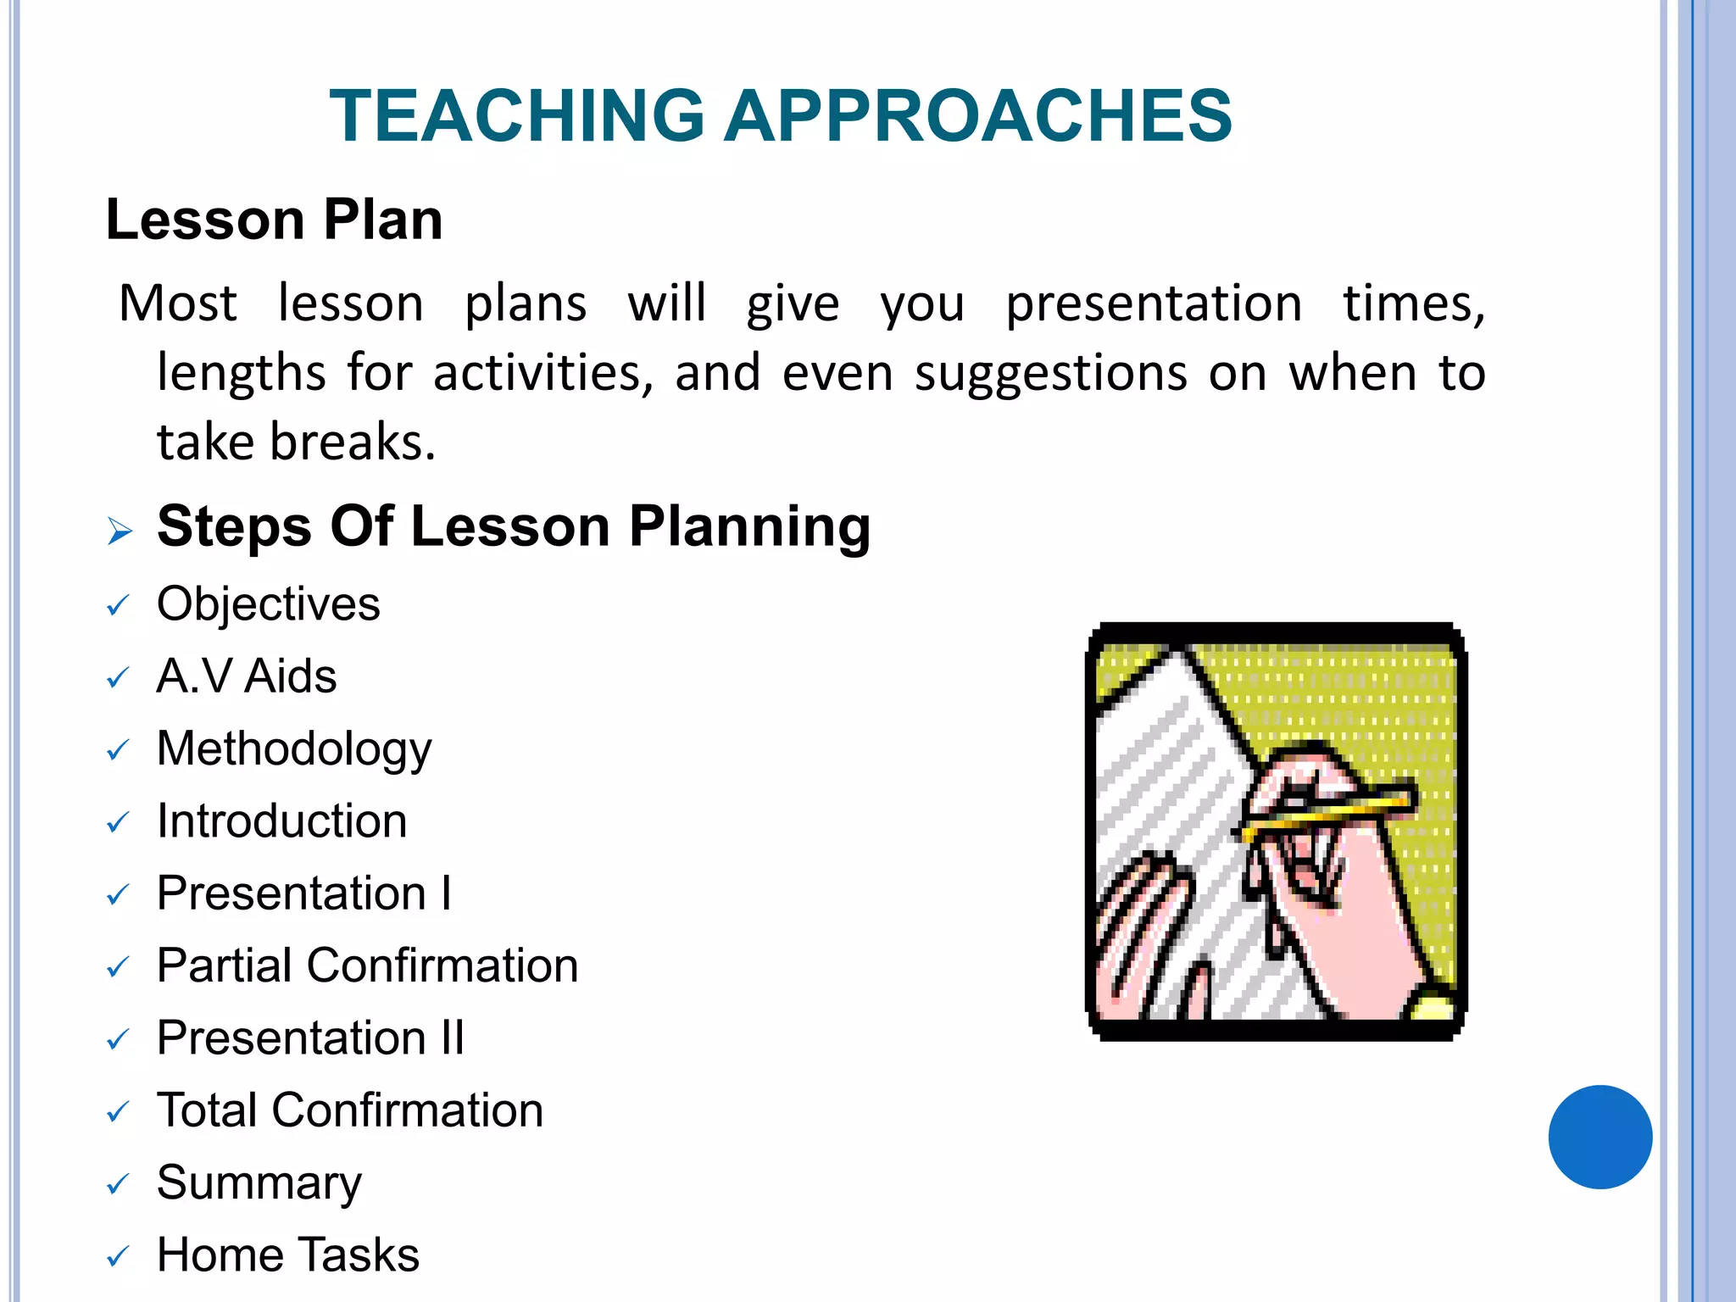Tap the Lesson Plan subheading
click(x=274, y=220)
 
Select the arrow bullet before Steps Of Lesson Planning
click(x=120, y=531)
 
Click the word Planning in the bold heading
click(x=749, y=526)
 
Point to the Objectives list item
click(x=268, y=604)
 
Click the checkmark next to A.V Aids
click(x=118, y=678)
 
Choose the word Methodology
click(x=294, y=749)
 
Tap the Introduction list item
click(x=281, y=821)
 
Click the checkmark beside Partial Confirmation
click(x=118, y=967)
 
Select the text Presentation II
click(x=310, y=1038)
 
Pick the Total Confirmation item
click(x=349, y=1110)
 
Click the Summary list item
click(x=259, y=1183)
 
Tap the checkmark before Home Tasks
click(x=118, y=1256)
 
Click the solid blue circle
click(x=1600, y=1137)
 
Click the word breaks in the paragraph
click(x=352, y=442)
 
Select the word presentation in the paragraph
click(x=1153, y=303)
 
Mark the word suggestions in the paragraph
click(x=1051, y=373)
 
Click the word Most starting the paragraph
click(x=178, y=303)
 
